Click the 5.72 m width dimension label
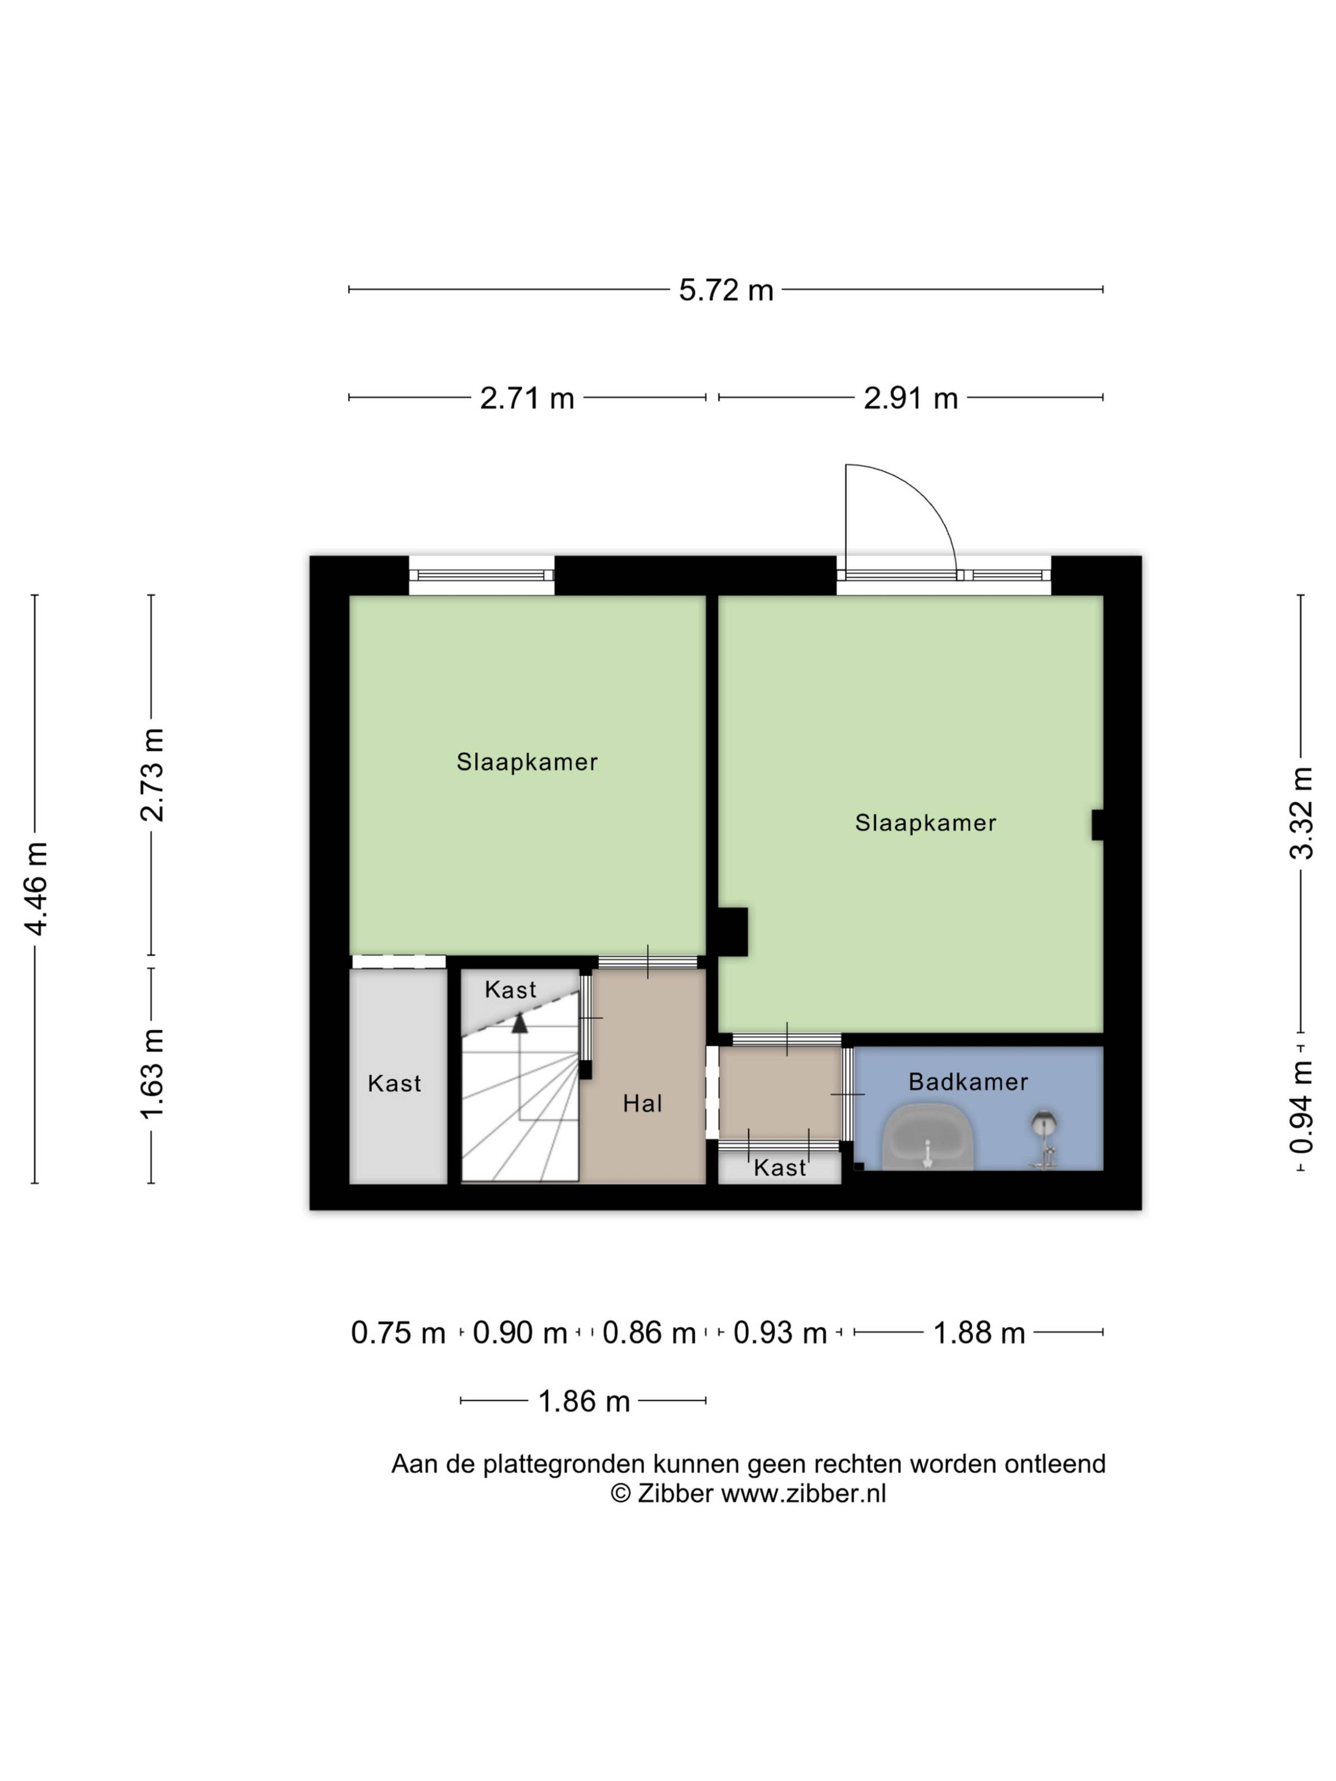(x=725, y=290)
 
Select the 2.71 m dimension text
(x=527, y=398)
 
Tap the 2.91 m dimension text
(x=911, y=398)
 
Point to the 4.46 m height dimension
(x=36, y=888)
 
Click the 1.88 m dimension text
(x=978, y=1333)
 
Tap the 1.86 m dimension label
(x=584, y=1402)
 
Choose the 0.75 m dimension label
(x=398, y=1333)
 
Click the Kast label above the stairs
(x=510, y=990)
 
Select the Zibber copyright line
(x=748, y=1494)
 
